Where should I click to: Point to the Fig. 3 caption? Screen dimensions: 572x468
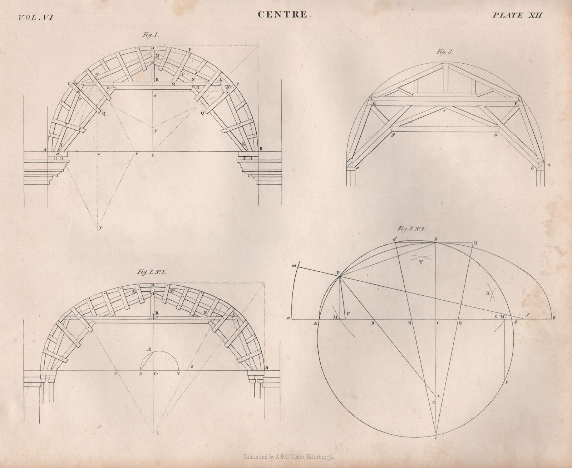tap(445, 51)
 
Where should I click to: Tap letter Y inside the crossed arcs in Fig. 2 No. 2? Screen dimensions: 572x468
tap(421, 262)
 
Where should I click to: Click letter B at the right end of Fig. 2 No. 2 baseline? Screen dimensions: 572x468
tap(554, 318)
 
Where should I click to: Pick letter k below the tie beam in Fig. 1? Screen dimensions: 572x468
tap(155, 97)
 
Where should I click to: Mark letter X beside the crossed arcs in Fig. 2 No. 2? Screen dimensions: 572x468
tap(487, 293)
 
